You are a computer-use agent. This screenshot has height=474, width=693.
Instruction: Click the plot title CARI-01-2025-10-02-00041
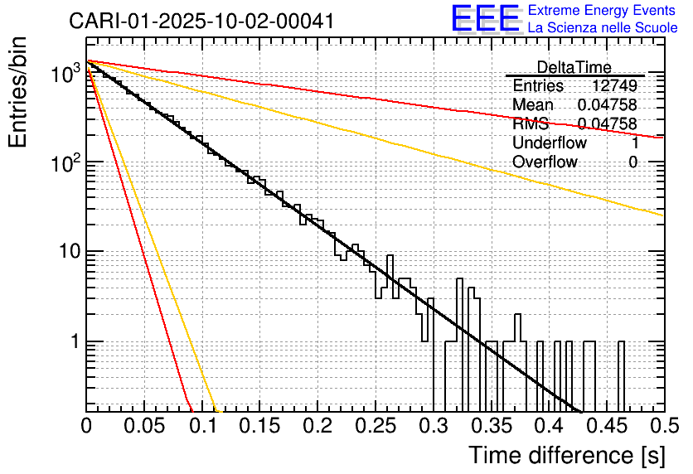(x=202, y=21)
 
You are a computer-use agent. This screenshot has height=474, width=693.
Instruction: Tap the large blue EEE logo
(x=485, y=20)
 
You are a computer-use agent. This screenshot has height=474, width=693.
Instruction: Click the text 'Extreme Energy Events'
(x=603, y=11)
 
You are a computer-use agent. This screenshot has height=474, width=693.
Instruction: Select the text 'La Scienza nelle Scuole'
(x=603, y=27)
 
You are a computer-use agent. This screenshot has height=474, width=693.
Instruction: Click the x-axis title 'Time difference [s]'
(x=566, y=455)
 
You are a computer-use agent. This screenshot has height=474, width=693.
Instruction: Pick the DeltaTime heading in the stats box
(x=574, y=67)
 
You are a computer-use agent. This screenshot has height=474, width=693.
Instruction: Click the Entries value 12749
(x=614, y=86)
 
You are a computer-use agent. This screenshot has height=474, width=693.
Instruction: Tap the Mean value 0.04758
(x=607, y=105)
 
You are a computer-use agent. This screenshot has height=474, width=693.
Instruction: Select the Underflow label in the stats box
(x=550, y=143)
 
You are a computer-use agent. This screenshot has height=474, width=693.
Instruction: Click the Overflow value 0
(x=632, y=162)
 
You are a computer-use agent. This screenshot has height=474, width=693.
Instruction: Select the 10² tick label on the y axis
(x=65, y=162)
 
